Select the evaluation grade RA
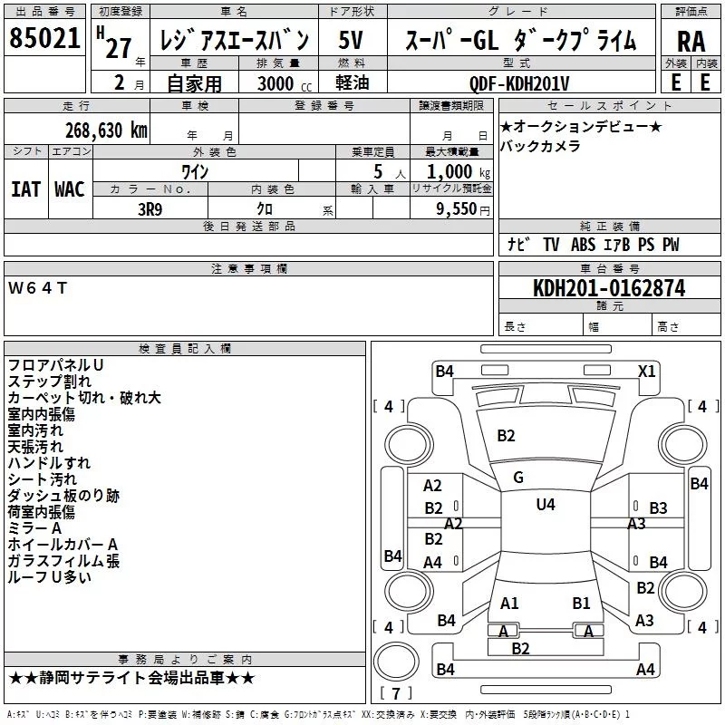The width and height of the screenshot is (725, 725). point(691,42)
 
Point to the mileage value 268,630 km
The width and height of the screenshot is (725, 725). point(106,130)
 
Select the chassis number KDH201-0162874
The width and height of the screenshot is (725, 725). point(608,288)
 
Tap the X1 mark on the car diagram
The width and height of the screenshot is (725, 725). point(646,371)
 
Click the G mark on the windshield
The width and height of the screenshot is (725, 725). point(518,477)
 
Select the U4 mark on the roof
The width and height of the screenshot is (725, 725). point(546,504)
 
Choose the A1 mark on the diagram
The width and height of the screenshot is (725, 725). point(509,603)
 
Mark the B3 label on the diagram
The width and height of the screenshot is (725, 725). point(658,508)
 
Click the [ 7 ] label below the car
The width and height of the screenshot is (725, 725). point(395,694)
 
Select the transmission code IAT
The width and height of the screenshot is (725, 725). point(25,188)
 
